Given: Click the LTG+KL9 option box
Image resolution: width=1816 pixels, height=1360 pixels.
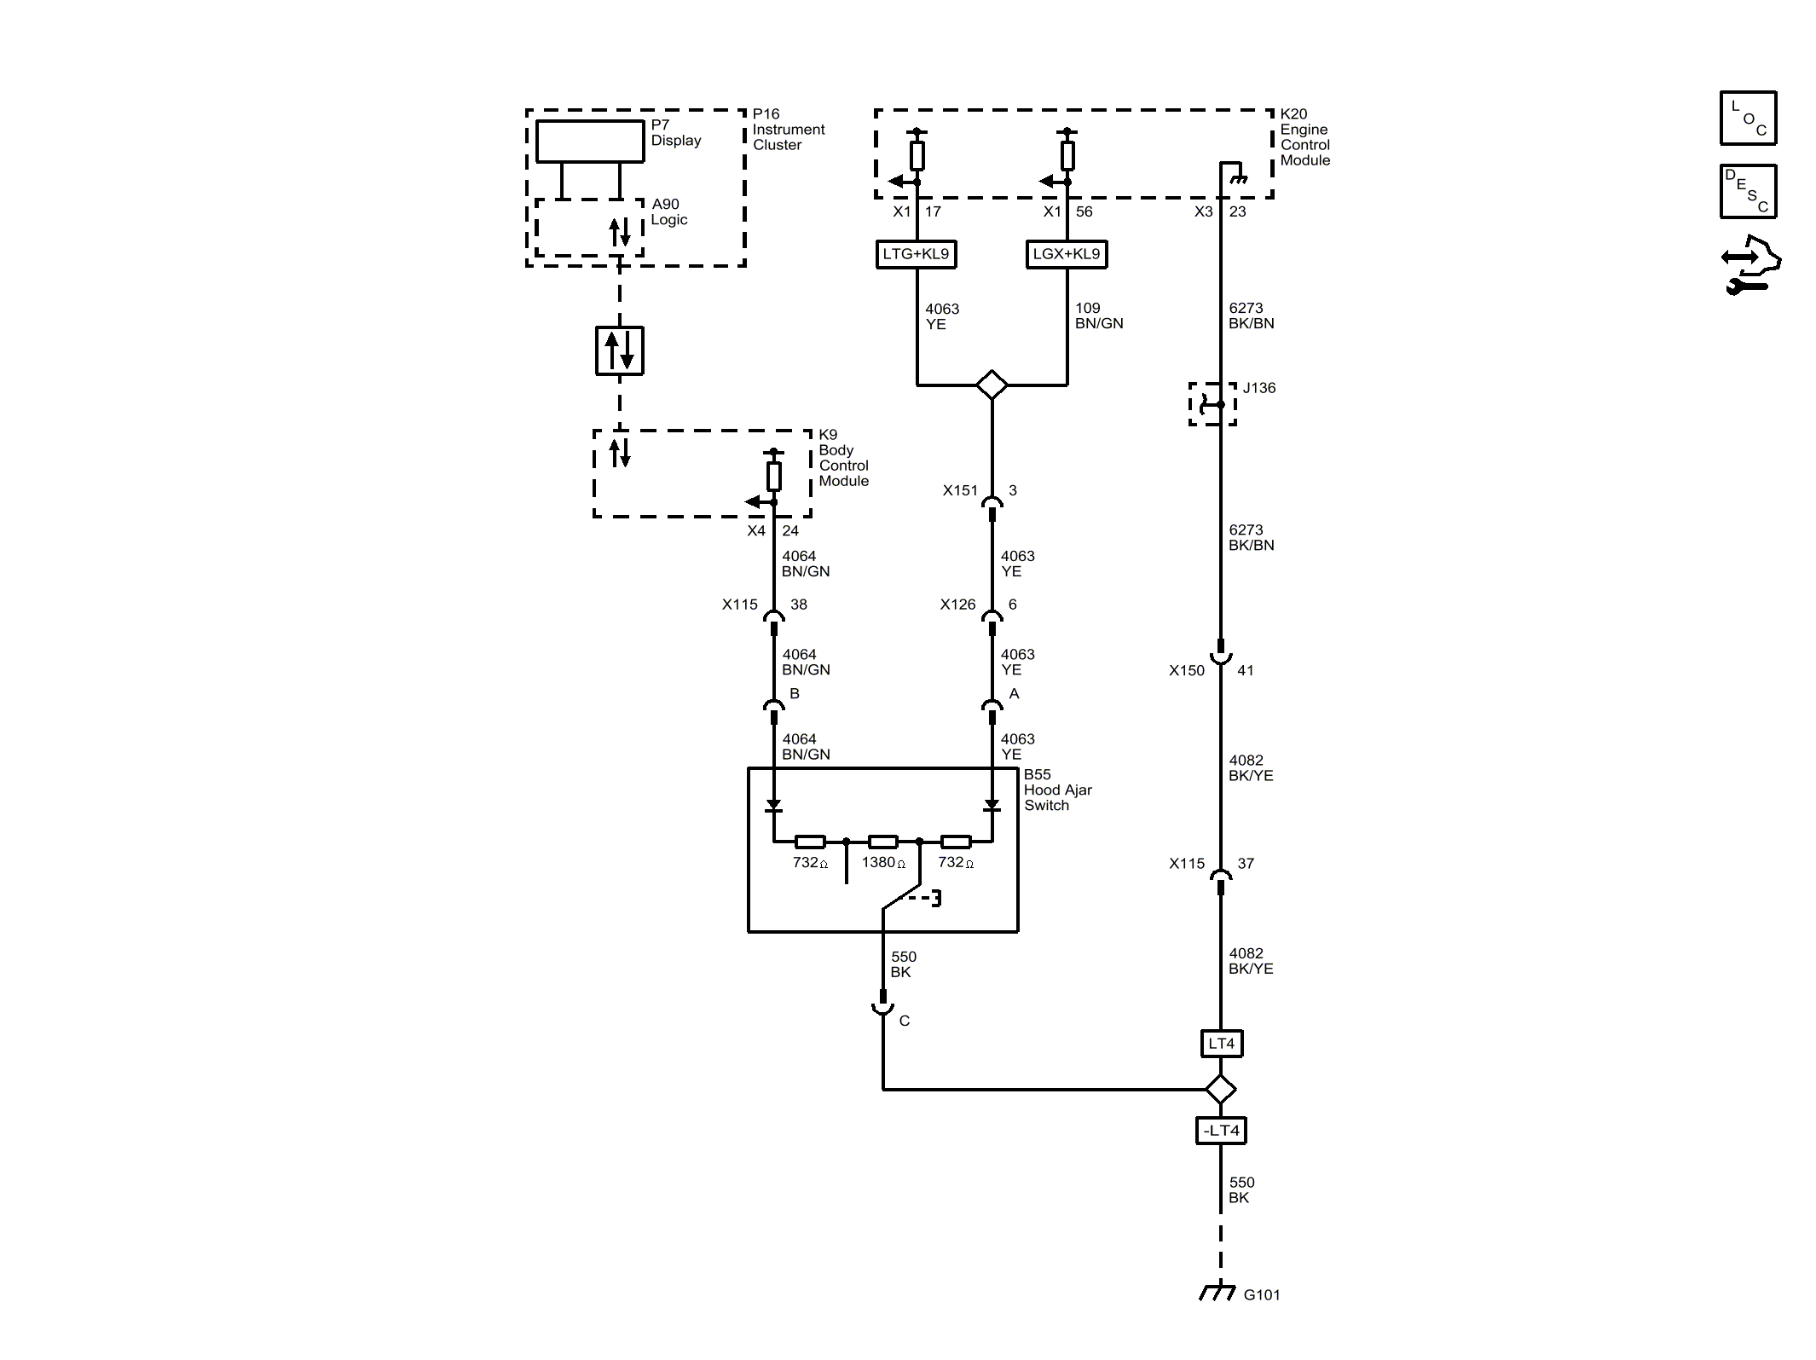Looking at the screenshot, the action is pos(917,254).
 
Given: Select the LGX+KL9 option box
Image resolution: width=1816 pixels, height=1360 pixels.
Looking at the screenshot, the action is pos(1067,254).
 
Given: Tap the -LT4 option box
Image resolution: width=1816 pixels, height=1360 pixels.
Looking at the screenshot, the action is pos(1221,1131).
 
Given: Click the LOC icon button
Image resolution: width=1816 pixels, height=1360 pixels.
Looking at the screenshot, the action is pos(1748,118).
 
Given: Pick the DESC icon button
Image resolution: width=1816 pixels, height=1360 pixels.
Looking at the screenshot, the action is pos(1748,191).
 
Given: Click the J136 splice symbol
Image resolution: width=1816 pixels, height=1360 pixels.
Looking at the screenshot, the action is pos(1212,404).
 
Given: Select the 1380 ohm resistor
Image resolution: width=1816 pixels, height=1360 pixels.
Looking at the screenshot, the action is pos(882,842).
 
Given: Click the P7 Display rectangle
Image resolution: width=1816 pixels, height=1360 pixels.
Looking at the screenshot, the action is pos(590,142).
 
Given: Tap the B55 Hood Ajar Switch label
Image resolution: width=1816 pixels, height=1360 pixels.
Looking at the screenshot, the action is pos(1057,790).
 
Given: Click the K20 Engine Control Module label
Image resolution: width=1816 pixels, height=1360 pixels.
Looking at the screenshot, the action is pos(1304,136).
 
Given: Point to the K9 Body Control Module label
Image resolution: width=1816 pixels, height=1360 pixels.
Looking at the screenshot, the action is pos(843,458).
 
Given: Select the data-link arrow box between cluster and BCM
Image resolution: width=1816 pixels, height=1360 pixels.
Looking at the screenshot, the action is pos(620,350).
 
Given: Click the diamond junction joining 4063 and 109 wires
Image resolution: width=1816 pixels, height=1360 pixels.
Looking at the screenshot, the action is pos(992,385).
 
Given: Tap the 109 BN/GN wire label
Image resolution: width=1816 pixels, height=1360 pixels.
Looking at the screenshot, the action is pos(1099,315).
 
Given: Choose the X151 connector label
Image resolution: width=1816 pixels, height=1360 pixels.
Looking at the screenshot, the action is pos(960,490).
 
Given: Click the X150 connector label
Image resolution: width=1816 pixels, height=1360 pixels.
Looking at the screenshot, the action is pos(1187,670).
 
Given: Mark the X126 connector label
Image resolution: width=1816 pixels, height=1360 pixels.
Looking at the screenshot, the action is pos(957,605).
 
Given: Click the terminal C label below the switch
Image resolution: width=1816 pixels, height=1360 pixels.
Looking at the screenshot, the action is pos(905,1021).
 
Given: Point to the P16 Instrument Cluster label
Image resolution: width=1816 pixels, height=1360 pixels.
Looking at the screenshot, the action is pos(789,130).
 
